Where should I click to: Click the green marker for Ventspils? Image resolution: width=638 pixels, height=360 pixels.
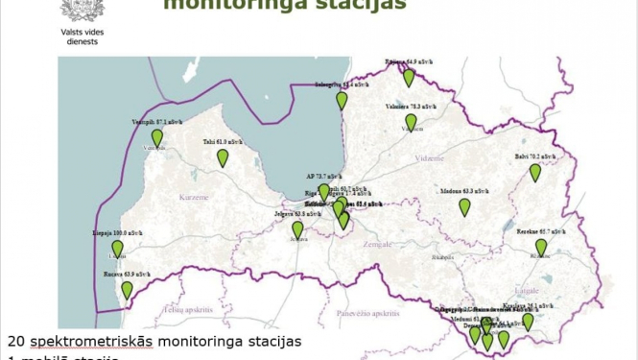[x=157, y=138]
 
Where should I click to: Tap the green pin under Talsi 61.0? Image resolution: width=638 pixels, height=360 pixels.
[x=223, y=157]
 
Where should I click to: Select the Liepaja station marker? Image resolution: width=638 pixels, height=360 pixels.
[x=118, y=250]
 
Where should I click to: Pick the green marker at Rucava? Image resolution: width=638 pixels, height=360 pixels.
[x=127, y=290]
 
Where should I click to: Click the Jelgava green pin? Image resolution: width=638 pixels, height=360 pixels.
[x=297, y=229]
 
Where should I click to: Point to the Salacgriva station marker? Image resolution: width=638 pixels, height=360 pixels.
[x=342, y=100]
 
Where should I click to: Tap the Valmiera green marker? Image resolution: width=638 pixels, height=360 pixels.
[x=411, y=122]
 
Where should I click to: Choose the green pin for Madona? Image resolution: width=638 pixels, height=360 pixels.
[x=464, y=206]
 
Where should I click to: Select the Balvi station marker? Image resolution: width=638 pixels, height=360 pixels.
[x=535, y=173]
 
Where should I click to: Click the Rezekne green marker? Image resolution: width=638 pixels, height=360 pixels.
[x=541, y=248]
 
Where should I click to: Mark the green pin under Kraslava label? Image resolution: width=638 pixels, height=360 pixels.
[x=528, y=323]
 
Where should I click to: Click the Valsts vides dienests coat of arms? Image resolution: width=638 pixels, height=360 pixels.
[x=77, y=10]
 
